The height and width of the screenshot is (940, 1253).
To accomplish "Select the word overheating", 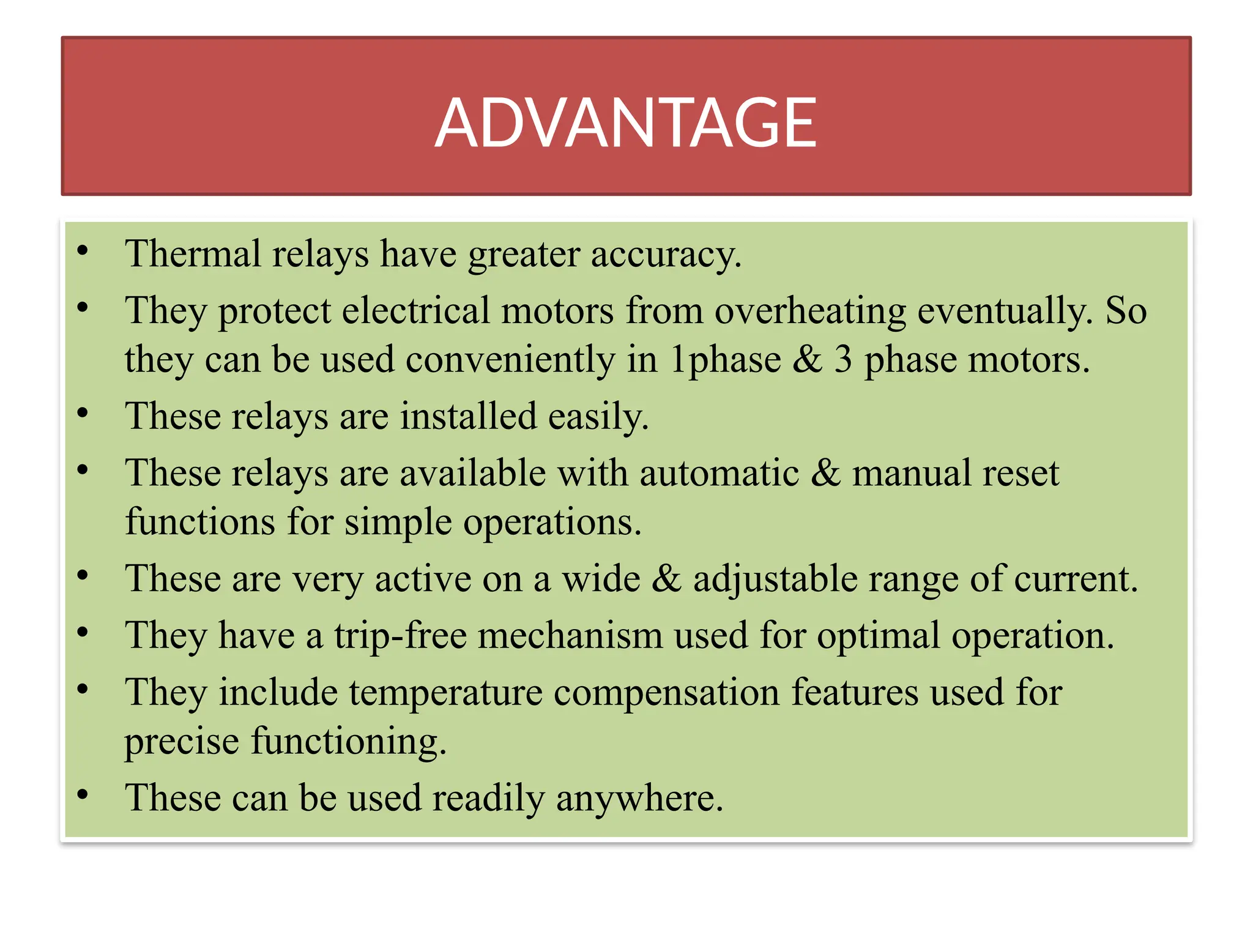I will (x=810, y=311).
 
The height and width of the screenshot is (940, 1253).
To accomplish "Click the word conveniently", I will (x=510, y=360).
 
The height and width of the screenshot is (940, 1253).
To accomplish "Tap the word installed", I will (x=468, y=416).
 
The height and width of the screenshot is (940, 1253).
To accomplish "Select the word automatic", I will (x=719, y=473).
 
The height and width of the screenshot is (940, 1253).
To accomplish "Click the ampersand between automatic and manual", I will (x=826, y=473).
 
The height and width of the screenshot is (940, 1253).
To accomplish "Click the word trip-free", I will (x=400, y=635).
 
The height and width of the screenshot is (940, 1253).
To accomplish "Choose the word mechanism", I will (x=570, y=635).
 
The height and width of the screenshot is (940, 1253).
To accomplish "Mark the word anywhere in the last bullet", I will (x=639, y=799).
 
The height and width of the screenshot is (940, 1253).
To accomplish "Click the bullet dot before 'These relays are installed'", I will (x=83, y=413).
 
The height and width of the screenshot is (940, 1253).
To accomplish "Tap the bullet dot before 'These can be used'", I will (x=83, y=795).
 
